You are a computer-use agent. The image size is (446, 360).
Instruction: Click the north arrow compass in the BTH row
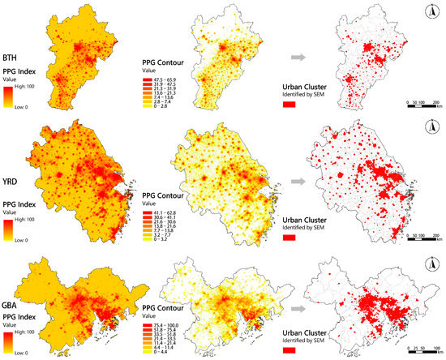click(x=429, y=11)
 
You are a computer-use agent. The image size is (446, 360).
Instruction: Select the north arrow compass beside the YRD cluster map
click(x=430, y=127)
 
